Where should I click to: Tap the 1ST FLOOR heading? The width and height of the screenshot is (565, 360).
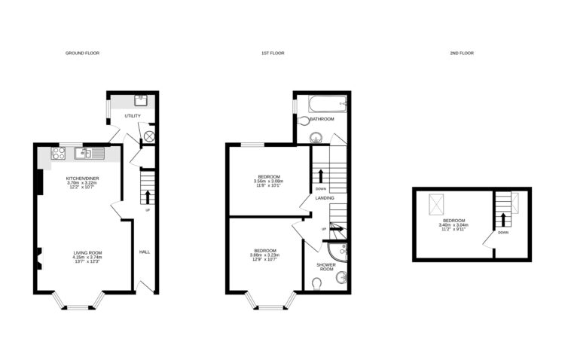pos(272,53)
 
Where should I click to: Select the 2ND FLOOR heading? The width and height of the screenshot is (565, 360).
pos(463,53)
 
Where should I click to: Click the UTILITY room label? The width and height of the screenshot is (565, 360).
pos(133,116)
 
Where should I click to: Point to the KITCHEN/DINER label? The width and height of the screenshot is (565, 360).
pos(82,178)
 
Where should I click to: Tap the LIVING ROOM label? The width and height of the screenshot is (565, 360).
pos(87,252)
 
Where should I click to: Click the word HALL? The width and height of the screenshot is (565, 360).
pos(144,252)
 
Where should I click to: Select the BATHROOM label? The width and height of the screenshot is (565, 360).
pos(322,119)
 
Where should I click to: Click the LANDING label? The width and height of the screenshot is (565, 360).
pos(325,198)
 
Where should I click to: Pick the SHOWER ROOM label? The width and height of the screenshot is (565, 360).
pos(326,267)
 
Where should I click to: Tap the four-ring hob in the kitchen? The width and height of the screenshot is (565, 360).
pos(59,154)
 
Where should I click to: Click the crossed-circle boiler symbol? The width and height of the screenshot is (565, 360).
pos(149,136)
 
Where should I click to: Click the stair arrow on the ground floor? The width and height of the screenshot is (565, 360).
pos(148,197)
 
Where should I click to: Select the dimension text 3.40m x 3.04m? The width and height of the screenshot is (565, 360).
pos(454,225)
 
